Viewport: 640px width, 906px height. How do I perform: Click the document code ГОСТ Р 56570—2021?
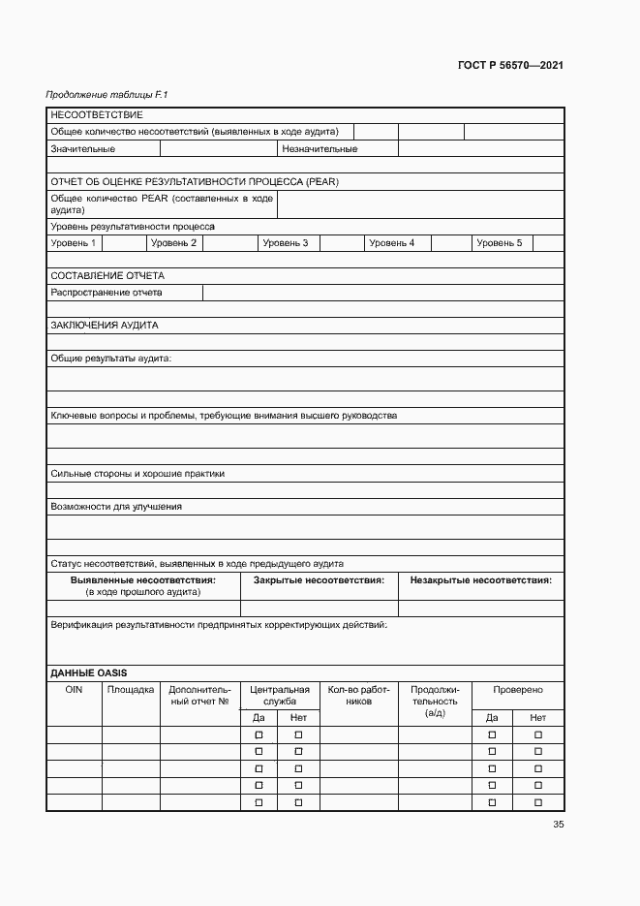pyautogui.click(x=510, y=66)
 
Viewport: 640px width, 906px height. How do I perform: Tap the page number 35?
pyautogui.click(x=558, y=825)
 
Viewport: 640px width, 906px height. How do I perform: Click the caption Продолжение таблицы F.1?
pyautogui.click(x=107, y=95)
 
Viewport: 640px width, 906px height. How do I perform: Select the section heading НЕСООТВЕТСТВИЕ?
pyautogui.click(x=97, y=115)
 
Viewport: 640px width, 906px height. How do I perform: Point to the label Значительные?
pyautogui.click(x=83, y=149)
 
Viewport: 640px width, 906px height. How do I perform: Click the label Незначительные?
pyautogui.click(x=320, y=149)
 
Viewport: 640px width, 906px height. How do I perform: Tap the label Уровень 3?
pyautogui.click(x=286, y=243)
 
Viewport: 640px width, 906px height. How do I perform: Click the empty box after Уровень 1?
pyautogui.click(x=123, y=243)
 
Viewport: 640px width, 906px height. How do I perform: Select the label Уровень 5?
pyautogui.click(x=499, y=243)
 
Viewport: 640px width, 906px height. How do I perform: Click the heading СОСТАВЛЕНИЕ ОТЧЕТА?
pyautogui.click(x=107, y=276)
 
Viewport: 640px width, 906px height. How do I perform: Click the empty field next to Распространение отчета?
pyautogui.click(x=383, y=293)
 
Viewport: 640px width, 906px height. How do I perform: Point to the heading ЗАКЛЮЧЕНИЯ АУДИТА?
pyautogui.click(x=104, y=326)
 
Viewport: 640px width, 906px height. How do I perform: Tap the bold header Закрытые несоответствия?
pyautogui.click(x=319, y=580)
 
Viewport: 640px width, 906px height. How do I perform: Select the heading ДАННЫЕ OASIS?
pyautogui.click(x=89, y=672)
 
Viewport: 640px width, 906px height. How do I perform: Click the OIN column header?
pyautogui.click(x=75, y=690)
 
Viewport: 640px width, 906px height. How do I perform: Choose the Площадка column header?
pyautogui.click(x=131, y=690)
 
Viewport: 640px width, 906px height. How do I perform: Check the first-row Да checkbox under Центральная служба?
pyautogui.click(x=259, y=735)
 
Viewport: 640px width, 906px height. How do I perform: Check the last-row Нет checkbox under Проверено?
pyautogui.click(x=538, y=802)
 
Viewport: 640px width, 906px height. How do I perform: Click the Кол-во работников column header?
pyautogui.click(x=358, y=696)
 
